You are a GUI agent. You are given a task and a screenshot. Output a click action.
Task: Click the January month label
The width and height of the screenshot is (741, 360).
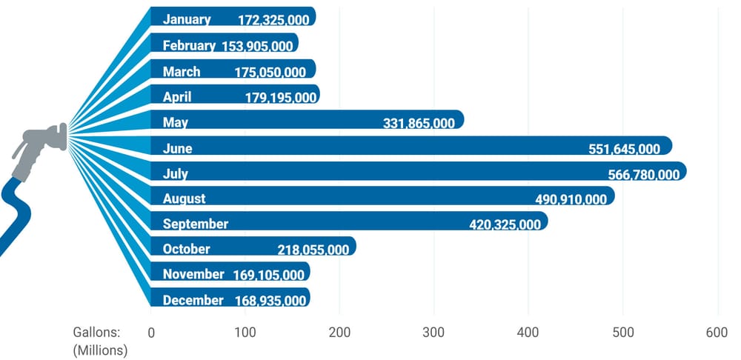pos(187,19)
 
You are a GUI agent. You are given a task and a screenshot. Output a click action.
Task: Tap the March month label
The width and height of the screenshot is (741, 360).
pos(182,72)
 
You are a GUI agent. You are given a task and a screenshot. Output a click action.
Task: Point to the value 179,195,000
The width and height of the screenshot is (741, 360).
pos(281,98)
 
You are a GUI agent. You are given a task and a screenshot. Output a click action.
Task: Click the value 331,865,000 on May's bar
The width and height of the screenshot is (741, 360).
pos(419,124)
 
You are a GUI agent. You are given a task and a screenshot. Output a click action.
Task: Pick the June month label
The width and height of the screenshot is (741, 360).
pos(177,149)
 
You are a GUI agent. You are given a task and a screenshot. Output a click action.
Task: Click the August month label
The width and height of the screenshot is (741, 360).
pos(185,199)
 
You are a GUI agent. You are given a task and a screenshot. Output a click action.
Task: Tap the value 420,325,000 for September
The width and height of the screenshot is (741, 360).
pos(505,224)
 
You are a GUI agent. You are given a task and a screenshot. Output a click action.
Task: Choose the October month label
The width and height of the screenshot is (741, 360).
pos(186,249)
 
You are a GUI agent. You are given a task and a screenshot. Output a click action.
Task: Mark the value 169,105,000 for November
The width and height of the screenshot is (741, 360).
pos(269,276)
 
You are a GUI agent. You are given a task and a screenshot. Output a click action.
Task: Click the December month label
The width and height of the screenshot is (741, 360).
pos(193,300)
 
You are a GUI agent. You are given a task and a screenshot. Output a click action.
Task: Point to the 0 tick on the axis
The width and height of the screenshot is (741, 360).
pos(151,333)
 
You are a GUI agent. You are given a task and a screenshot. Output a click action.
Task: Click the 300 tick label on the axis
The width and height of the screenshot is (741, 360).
pos(433,333)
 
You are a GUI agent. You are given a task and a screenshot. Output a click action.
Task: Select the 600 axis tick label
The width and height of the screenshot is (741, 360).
pos(717,333)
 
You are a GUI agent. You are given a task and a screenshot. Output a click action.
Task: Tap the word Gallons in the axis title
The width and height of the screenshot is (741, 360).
pos(97,333)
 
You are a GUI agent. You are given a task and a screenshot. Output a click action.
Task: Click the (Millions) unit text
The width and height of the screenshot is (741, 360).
pos(100,351)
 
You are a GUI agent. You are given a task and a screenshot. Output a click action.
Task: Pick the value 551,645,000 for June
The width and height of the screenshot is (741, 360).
pos(624,150)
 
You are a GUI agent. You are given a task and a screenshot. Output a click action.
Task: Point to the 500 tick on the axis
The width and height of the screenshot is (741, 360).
pos(623,333)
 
